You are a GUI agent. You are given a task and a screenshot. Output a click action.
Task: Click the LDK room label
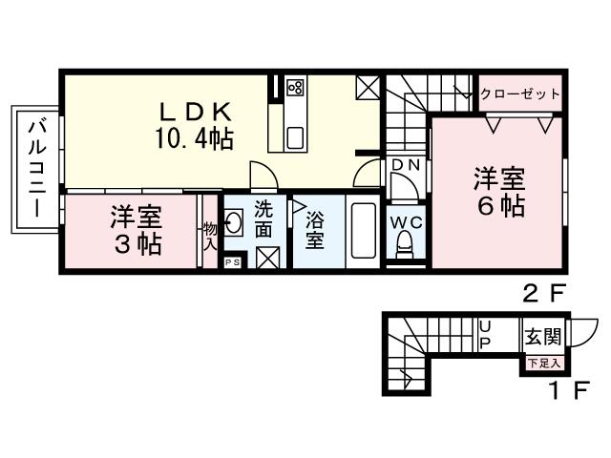pyautogui.click(x=195, y=111)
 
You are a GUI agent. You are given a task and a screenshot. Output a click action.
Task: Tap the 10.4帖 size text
pyautogui.click(x=195, y=138)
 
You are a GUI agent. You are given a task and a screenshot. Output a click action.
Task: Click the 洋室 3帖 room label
pyautogui.click(x=135, y=230)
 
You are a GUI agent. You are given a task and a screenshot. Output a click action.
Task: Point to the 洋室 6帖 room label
pyautogui.click(x=499, y=192)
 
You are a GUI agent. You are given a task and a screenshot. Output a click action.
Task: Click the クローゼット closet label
pyautogui.click(x=519, y=94)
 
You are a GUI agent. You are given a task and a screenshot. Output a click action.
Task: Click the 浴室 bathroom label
pyautogui.click(x=314, y=230)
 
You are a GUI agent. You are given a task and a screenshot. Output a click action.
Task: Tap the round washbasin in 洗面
pyautogui.click(x=236, y=226)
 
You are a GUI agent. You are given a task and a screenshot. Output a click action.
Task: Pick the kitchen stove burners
pyautogui.click(x=295, y=89)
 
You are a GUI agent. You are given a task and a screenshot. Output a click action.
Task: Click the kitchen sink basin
pyautogui.click(x=295, y=137)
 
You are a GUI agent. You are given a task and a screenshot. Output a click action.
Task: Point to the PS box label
pyautogui.click(x=232, y=261)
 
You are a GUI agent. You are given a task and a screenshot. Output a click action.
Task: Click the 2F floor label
pyautogui.click(x=541, y=294)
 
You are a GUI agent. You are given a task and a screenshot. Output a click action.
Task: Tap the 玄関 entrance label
pyautogui.click(x=541, y=337)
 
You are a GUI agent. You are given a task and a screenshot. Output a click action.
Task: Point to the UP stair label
pyautogui.click(x=484, y=334)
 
